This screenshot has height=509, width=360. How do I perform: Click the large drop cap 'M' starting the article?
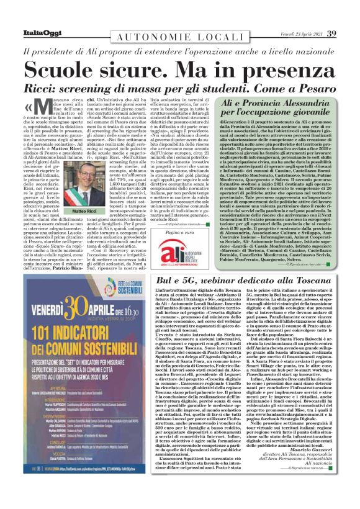[x=40, y=109]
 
